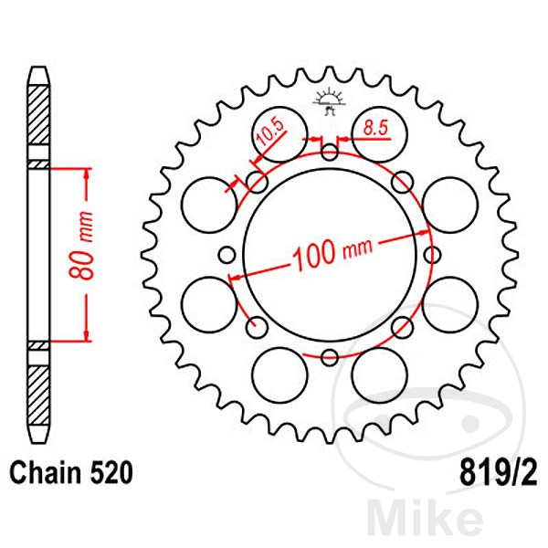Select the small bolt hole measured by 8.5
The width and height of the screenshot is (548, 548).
click(x=331, y=152)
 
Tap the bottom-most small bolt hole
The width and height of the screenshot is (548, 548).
click(x=331, y=357)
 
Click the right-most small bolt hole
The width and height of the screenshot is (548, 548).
click(x=433, y=255)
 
